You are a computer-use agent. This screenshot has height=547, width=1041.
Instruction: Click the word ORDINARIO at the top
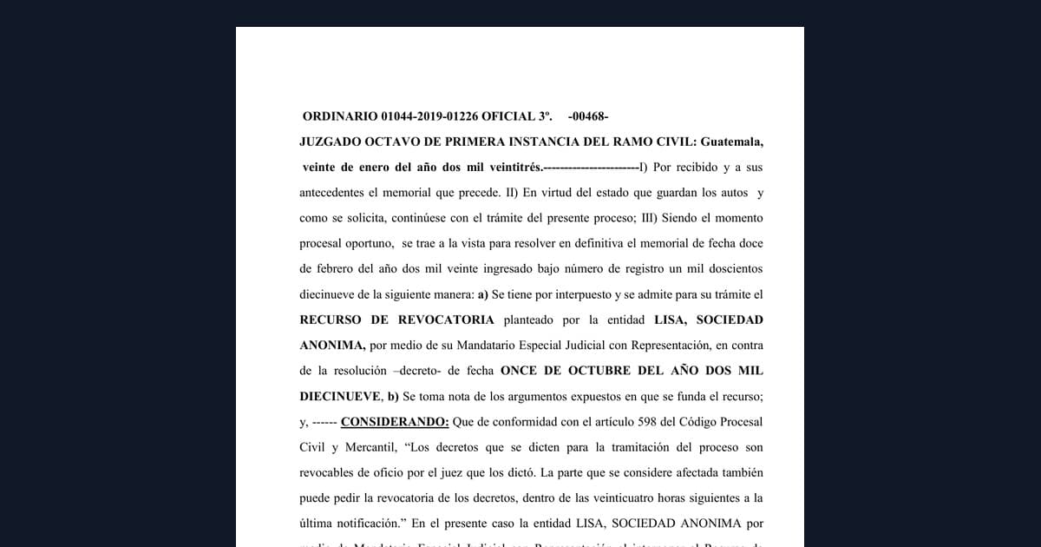tap(339, 115)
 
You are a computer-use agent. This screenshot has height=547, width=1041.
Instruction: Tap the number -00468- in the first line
tap(588, 115)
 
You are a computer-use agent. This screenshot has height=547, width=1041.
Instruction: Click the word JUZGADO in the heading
tap(331, 141)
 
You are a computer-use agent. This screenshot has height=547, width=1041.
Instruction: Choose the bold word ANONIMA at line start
tap(332, 345)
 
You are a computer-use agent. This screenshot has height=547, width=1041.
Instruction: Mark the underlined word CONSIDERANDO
tap(395, 422)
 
